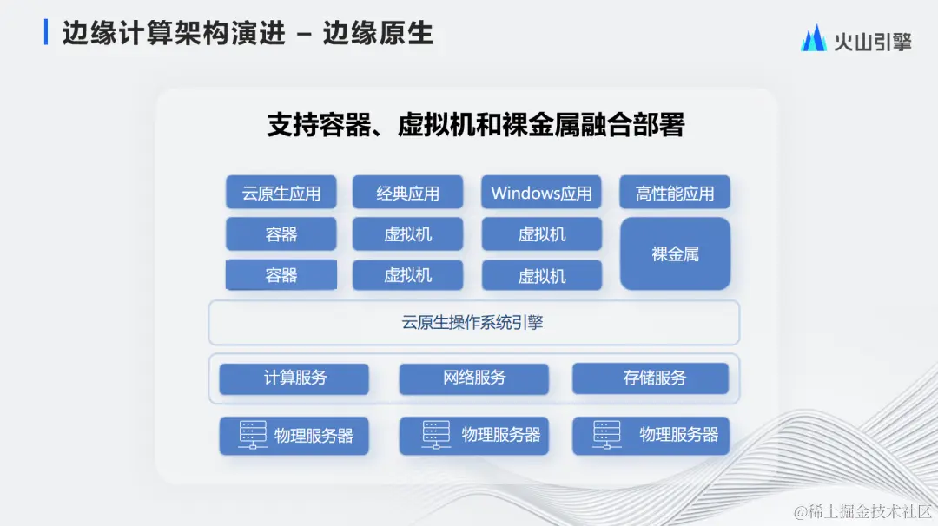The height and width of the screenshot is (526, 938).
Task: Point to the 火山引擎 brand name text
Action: (872, 40)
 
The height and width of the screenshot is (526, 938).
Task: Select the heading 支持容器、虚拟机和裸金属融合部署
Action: (475, 124)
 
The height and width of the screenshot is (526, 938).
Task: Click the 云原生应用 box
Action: (281, 193)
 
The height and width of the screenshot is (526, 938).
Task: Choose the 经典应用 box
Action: (407, 193)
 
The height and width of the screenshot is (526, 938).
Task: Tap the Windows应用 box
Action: (541, 193)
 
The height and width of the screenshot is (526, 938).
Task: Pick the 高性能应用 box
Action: (675, 193)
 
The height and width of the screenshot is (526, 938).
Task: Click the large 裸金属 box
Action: (675, 254)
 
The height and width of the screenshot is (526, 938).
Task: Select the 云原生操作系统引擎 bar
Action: (473, 323)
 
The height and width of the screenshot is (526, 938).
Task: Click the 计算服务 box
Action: (294, 378)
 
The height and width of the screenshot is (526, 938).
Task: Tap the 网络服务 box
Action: (473, 378)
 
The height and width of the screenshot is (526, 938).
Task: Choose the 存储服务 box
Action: (651, 378)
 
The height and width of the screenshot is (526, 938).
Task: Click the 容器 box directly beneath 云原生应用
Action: (281, 234)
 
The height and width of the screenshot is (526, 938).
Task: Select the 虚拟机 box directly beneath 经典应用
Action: (407, 234)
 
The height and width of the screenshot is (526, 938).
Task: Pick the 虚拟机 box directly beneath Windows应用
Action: (541, 234)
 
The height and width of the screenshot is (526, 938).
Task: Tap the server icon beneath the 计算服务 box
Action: (253, 435)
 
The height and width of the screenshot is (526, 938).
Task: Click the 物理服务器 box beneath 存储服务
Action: (651, 436)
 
